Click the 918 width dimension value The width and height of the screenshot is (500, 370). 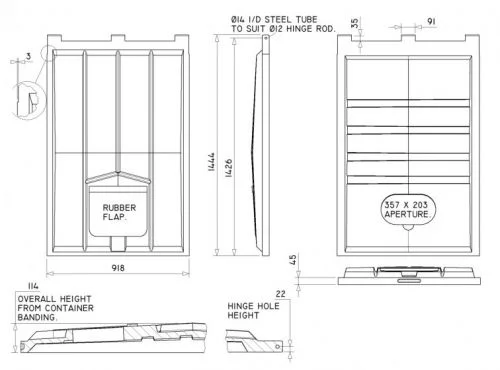118,268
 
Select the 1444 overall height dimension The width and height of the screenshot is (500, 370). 211,162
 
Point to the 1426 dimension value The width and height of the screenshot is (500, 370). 229,168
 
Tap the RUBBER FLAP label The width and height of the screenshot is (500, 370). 119,212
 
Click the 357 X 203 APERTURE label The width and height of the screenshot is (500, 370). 408,210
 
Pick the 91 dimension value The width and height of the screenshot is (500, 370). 431,21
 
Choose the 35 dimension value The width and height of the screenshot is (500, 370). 355,23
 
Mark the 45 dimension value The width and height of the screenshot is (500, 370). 293,260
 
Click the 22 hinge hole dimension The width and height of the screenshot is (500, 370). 281,294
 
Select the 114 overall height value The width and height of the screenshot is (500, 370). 33,286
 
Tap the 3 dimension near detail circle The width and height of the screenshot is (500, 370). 28,56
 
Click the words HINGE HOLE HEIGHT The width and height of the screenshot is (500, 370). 253,311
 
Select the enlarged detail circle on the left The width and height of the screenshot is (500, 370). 28,100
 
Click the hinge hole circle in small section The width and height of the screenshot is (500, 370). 277,347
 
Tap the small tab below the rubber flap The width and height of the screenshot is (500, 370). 118,244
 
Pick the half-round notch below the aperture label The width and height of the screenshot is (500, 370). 408,227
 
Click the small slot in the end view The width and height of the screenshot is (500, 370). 408,281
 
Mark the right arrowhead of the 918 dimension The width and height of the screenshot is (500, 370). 186,274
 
